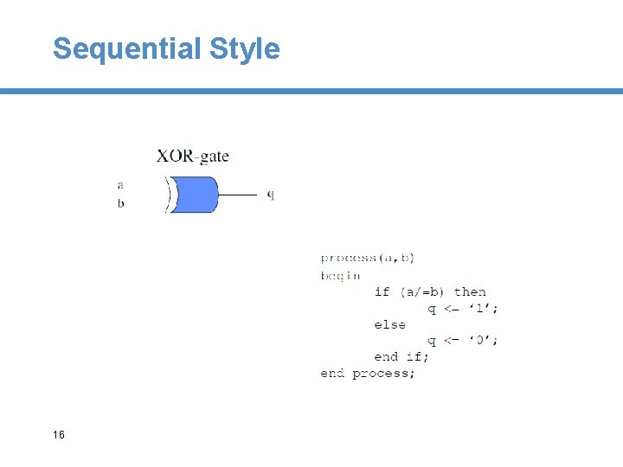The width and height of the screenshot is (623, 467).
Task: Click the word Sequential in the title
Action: pyautogui.click(x=126, y=48)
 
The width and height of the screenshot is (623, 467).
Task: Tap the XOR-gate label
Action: pyautogui.click(x=192, y=157)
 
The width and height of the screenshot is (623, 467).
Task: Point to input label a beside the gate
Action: pyautogui.click(x=120, y=184)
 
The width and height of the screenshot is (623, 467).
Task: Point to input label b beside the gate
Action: pyautogui.click(x=120, y=203)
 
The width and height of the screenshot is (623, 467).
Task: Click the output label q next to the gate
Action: pyautogui.click(x=270, y=195)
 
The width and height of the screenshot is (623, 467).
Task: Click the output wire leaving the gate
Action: pyautogui.click(x=238, y=195)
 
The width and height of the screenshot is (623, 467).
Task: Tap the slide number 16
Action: pyautogui.click(x=58, y=434)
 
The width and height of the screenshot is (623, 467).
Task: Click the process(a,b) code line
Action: pyautogui.click(x=367, y=258)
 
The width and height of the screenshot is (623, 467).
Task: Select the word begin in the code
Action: pyautogui.click(x=340, y=275)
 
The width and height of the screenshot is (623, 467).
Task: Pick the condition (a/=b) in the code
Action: pyautogui.click(x=421, y=291)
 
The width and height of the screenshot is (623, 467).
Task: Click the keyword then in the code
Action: pyautogui.click(x=470, y=291)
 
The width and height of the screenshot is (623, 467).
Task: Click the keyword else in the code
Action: pyautogui.click(x=389, y=324)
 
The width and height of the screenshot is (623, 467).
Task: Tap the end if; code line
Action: pyautogui.click(x=401, y=356)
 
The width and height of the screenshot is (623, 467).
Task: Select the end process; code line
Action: pyautogui.click(x=368, y=373)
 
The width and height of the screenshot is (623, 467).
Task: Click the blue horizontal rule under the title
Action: pyautogui.click(x=311, y=91)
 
